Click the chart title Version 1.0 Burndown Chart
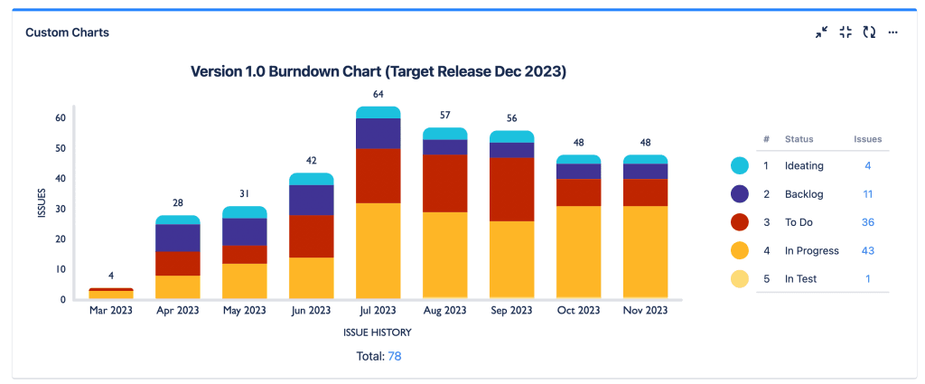[378, 71]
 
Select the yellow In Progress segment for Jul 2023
[378, 250]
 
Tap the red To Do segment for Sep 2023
[512, 189]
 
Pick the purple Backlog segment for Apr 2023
[178, 238]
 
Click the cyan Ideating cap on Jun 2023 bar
[312, 179]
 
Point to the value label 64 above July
[378, 94]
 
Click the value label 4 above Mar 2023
[111, 276]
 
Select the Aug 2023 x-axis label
[445, 311]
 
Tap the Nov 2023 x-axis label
[646, 311]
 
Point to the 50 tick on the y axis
[61, 148]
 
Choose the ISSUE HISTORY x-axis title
[378, 332]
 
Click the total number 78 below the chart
[395, 357]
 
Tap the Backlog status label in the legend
[801, 194]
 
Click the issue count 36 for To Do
[867, 222]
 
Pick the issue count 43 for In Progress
[867, 250]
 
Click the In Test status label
[800, 278]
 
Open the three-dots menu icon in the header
[892, 33]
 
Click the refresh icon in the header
[869, 33]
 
